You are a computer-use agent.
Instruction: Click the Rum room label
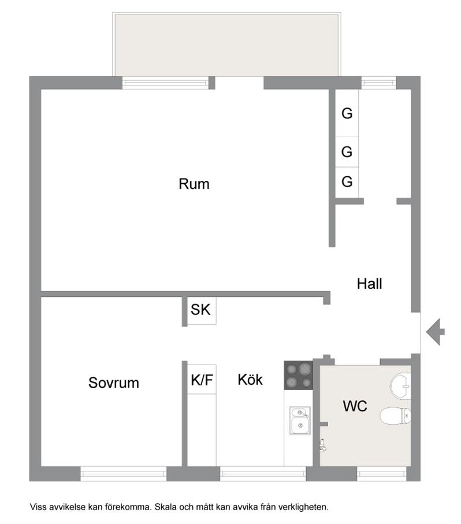tap(194, 184)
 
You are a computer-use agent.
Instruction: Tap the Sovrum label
tap(114, 382)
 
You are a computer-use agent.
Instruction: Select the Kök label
tap(250, 380)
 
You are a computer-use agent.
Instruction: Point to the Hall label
tap(370, 284)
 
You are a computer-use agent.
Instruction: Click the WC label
tap(355, 406)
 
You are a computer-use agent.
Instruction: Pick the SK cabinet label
tap(200, 310)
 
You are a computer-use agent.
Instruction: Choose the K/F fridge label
tap(202, 380)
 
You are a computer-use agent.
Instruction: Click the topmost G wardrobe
tap(347, 113)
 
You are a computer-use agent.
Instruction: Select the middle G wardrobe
tap(347, 152)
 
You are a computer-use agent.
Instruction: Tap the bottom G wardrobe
tap(347, 182)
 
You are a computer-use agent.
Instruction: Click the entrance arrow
tap(435, 332)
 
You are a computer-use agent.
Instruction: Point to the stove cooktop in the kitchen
tap(298, 376)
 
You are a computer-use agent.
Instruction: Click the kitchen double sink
tap(300, 421)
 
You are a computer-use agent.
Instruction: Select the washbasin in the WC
tap(400, 387)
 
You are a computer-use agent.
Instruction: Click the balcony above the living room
tap(226, 45)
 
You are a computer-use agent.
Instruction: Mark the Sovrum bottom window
tap(123, 474)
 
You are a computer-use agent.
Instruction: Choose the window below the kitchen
tap(263, 474)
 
